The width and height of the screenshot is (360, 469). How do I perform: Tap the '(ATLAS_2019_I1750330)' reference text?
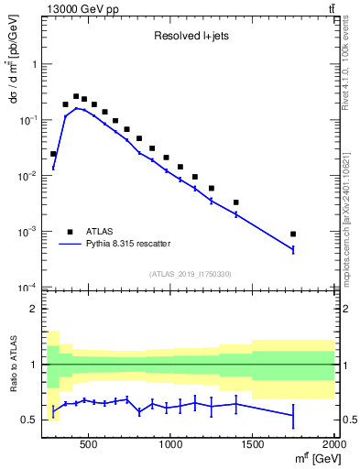tap(190, 274)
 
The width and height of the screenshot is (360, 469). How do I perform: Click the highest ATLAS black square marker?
tap(76, 95)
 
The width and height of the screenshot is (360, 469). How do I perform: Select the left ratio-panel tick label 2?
tap(32, 309)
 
